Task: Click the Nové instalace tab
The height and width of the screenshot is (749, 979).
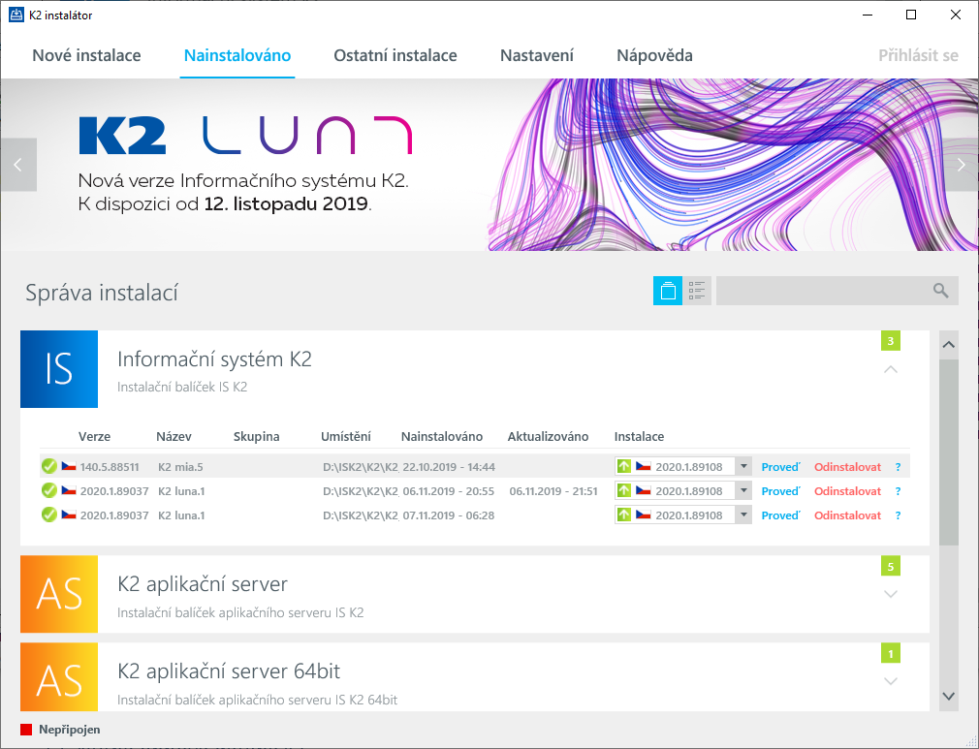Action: (86, 55)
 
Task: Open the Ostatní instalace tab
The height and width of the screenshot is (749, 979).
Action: (395, 55)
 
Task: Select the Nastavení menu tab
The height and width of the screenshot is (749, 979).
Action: (537, 55)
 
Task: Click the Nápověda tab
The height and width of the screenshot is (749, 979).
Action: (654, 55)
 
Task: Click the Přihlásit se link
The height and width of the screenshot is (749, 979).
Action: (918, 55)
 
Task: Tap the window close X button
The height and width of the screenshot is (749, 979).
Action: (956, 15)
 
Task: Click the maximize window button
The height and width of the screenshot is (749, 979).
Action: (911, 15)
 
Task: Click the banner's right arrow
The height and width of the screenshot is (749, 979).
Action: (961, 165)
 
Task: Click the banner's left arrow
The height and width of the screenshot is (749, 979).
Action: (17, 165)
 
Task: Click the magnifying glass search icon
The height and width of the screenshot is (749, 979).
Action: (940, 291)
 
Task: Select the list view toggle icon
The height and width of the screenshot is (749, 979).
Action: (697, 291)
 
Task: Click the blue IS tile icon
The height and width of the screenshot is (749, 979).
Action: (59, 369)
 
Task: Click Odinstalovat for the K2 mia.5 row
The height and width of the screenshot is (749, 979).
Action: (847, 467)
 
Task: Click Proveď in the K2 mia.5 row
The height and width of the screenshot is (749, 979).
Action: (780, 467)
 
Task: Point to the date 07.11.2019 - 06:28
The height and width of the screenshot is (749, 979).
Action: (448, 515)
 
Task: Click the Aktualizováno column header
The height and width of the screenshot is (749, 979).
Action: (548, 437)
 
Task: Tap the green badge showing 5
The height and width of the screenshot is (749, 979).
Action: (890, 564)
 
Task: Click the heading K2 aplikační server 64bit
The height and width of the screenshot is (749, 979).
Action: (229, 671)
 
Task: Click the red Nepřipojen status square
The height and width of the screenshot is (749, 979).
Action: (26, 730)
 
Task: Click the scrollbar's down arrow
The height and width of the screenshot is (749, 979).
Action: (949, 697)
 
